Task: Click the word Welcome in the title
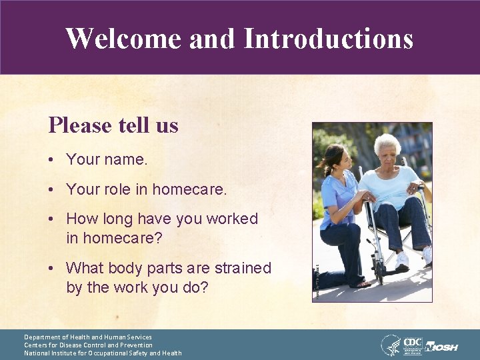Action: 124,38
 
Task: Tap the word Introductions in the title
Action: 328,38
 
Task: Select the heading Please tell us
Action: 113,125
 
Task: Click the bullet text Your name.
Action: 107,160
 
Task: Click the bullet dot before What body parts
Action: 51,269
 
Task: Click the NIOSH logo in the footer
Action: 441,347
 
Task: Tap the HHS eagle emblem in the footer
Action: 391,345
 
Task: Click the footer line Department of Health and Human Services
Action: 88,337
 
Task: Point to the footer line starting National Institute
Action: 103,353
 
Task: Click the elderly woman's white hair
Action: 386,141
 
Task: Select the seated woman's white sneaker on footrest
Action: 403,260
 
